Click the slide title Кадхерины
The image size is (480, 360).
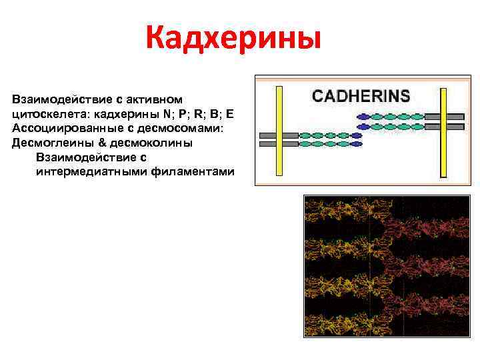point(233,38)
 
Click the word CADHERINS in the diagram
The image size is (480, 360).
point(361,95)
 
